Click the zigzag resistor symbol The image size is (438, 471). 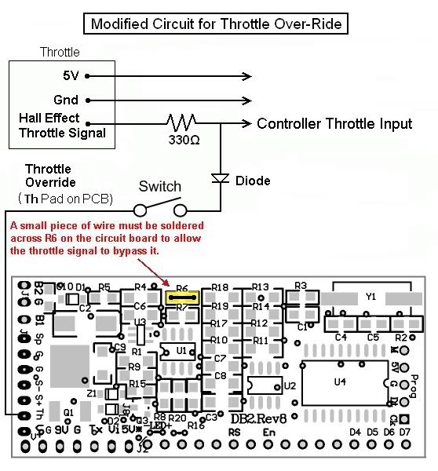click(181, 123)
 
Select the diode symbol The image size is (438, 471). click(221, 179)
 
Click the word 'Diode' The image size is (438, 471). click(253, 181)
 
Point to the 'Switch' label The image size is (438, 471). click(159, 187)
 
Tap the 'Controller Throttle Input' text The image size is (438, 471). click(334, 124)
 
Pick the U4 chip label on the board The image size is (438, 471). click(339, 382)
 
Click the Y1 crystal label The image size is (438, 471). click(371, 297)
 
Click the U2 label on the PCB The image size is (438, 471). click(289, 385)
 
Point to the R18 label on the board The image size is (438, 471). click(220, 288)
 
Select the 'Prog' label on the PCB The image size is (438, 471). click(416, 385)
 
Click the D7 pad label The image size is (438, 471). click(404, 432)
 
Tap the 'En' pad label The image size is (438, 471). click(269, 432)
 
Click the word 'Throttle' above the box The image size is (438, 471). click(60, 53)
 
